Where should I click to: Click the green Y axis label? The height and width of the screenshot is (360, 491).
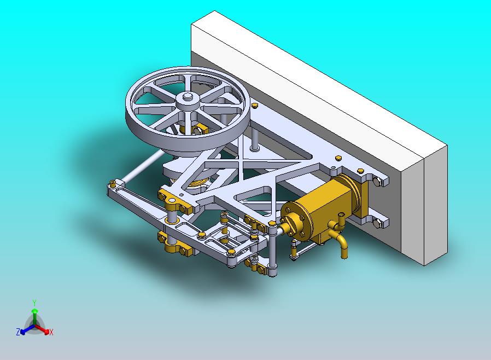tap(34, 303)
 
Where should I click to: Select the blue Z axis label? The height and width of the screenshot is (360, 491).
tap(18, 332)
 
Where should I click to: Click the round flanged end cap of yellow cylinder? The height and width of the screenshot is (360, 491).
tap(296, 221)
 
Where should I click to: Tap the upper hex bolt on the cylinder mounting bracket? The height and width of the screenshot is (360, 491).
tap(378, 182)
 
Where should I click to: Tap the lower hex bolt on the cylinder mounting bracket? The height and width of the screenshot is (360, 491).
tap(378, 223)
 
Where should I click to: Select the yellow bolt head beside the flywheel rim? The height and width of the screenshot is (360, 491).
tap(254, 105)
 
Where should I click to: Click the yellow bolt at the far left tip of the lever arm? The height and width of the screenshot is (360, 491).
tap(113, 182)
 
